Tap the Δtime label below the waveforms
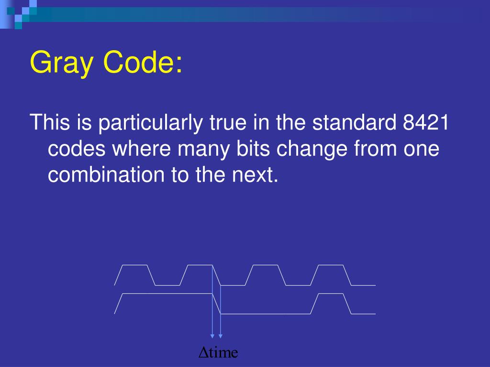(218, 353)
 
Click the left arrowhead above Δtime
(212, 336)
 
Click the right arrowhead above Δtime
(220, 336)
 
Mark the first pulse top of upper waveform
(135, 265)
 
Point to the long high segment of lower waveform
(167, 293)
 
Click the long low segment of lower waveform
(266, 314)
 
